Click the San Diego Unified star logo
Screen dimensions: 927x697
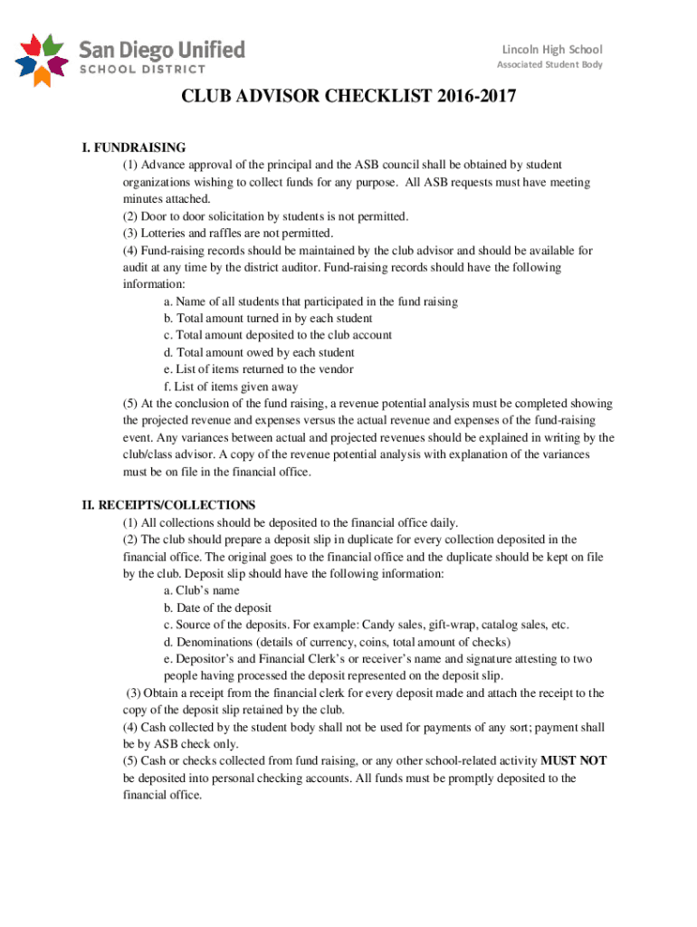point(41,59)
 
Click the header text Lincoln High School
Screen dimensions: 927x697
point(552,49)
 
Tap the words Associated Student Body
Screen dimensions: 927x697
point(549,65)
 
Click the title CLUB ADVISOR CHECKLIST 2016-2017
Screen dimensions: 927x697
point(349,98)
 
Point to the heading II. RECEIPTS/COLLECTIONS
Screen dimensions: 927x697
point(168,505)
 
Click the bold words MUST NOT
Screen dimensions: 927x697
point(573,761)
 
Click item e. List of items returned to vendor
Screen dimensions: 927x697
point(258,369)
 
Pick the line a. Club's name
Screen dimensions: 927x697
point(201,591)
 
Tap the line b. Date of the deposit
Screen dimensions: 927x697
point(217,607)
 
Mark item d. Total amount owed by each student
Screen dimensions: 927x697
point(259,352)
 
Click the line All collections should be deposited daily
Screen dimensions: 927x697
point(291,522)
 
